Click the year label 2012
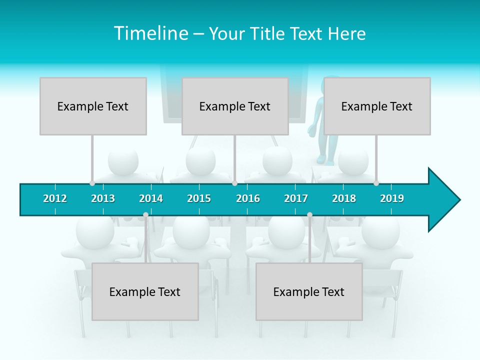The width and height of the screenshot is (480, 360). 55,198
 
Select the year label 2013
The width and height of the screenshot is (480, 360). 103,198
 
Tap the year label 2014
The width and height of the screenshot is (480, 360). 151,198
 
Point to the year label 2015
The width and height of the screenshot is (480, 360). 199,198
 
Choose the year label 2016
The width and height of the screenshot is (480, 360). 248,198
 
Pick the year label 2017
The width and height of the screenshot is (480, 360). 296,198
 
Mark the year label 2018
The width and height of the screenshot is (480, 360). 344,198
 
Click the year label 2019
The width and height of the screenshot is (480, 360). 392,198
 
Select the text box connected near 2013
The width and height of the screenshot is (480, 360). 93,106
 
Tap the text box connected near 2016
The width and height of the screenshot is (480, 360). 235,106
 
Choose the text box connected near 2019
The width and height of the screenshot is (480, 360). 377,106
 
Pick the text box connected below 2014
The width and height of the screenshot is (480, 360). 145,291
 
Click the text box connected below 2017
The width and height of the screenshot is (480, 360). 309,291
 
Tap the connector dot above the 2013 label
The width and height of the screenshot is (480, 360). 92,183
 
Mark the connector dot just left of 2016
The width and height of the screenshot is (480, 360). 234,183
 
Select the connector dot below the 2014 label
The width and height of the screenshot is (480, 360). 145,215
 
